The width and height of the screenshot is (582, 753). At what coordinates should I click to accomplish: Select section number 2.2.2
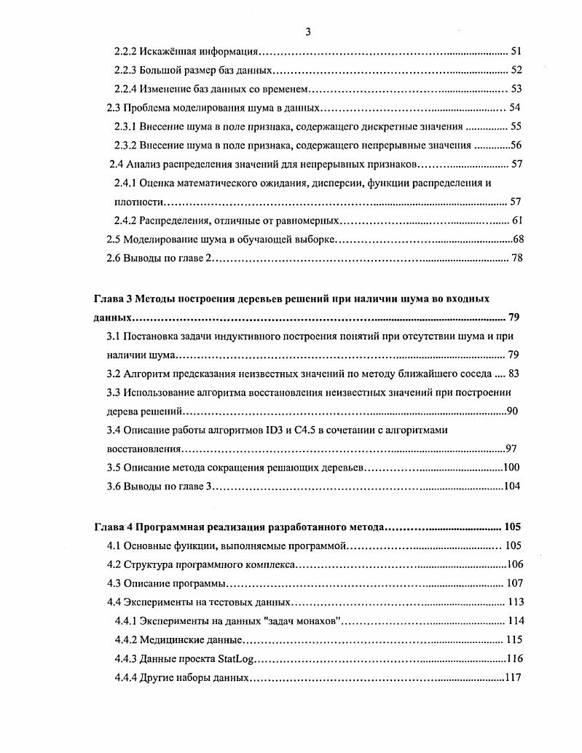(x=130, y=52)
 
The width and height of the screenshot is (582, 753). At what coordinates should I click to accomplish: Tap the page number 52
(x=516, y=71)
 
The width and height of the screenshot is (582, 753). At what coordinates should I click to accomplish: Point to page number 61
(x=517, y=221)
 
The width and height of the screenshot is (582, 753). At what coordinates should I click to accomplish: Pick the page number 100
(x=511, y=468)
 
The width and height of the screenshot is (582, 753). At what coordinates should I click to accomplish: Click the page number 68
(x=518, y=240)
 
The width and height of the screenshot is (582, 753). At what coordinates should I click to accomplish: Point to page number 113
(x=515, y=602)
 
